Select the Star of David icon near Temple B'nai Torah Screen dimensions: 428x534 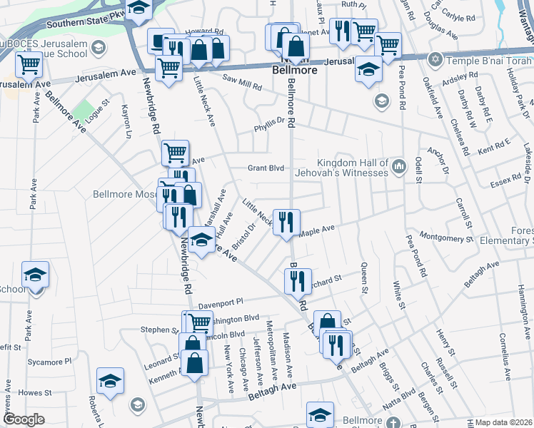[435, 59]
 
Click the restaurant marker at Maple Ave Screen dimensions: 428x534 [286, 221]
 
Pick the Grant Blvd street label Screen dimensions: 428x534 [266, 168]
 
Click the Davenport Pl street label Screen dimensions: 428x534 [221, 303]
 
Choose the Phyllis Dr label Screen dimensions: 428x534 [271, 129]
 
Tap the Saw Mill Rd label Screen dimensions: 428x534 [242, 84]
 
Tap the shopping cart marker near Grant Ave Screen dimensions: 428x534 [175, 152]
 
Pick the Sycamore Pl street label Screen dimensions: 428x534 [50, 362]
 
